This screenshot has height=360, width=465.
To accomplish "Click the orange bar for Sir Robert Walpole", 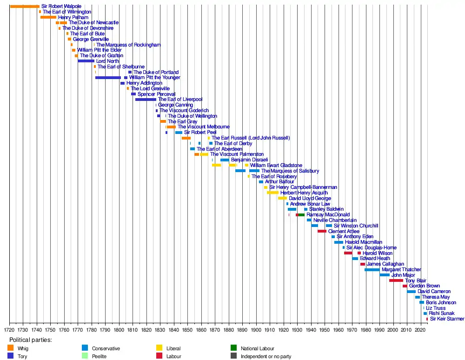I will coord(25,6).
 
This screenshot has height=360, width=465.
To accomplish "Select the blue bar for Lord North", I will coord(86,61).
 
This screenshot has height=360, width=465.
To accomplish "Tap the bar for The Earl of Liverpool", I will coord(146,100).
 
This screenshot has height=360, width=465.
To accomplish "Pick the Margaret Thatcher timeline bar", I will coord(372,270).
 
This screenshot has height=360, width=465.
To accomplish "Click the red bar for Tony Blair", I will coord(396,280).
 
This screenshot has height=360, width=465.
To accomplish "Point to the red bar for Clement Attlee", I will coord(322,231).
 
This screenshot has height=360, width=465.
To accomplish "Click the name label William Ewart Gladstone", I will coord(276,165).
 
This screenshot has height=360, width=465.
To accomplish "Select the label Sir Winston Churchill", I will coord(356,226).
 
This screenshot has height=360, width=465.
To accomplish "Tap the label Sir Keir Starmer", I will coord(447,319).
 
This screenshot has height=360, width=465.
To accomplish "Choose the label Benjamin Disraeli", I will coord(249,160).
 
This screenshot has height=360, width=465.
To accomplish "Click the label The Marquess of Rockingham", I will coord(128,45).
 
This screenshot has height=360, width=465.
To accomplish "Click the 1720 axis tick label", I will coord(9,329).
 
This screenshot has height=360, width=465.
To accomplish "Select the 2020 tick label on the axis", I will coord(420,329).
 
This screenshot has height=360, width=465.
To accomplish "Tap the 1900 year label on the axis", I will coord(256,329).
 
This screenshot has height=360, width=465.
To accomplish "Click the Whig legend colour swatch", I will coord(11,348).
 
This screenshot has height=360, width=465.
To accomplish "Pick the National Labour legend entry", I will coord(257,348).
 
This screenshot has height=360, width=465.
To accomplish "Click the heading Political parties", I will coord(31,340).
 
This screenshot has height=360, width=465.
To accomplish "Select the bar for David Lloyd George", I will coord(282,198).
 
